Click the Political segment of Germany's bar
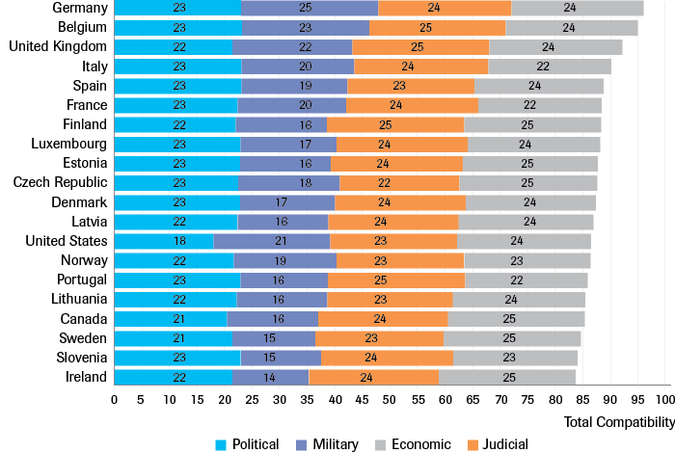click(177, 8)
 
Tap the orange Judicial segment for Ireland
click(374, 377)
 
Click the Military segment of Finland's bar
click(282, 124)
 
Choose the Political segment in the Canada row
click(171, 318)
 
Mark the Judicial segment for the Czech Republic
click(399, 182)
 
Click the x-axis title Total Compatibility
click(617, 422)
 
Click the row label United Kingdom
click(57, 46)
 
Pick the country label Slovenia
click(80, 358)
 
